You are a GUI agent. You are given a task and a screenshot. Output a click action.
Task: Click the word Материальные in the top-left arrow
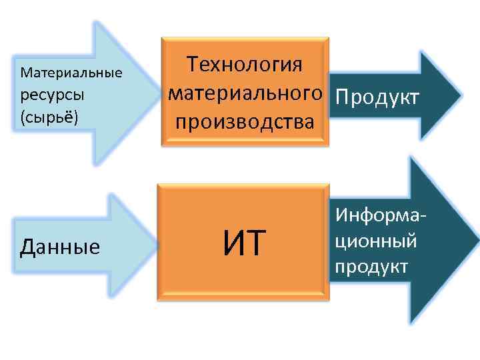coord(71,71)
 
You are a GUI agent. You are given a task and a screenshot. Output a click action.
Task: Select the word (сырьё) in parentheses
coord(50,117)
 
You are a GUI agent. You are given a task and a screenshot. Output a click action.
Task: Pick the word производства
coord(245,123)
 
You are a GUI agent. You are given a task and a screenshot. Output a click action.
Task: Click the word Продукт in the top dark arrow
coord(377,97)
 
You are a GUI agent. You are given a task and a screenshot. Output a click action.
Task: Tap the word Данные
coord(60,247)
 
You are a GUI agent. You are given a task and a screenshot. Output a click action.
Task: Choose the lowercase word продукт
coord(372,266)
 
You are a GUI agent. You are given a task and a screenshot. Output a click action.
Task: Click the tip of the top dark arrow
coord(460,94)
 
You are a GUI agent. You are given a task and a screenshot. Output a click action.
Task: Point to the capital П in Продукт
coord(344,97)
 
